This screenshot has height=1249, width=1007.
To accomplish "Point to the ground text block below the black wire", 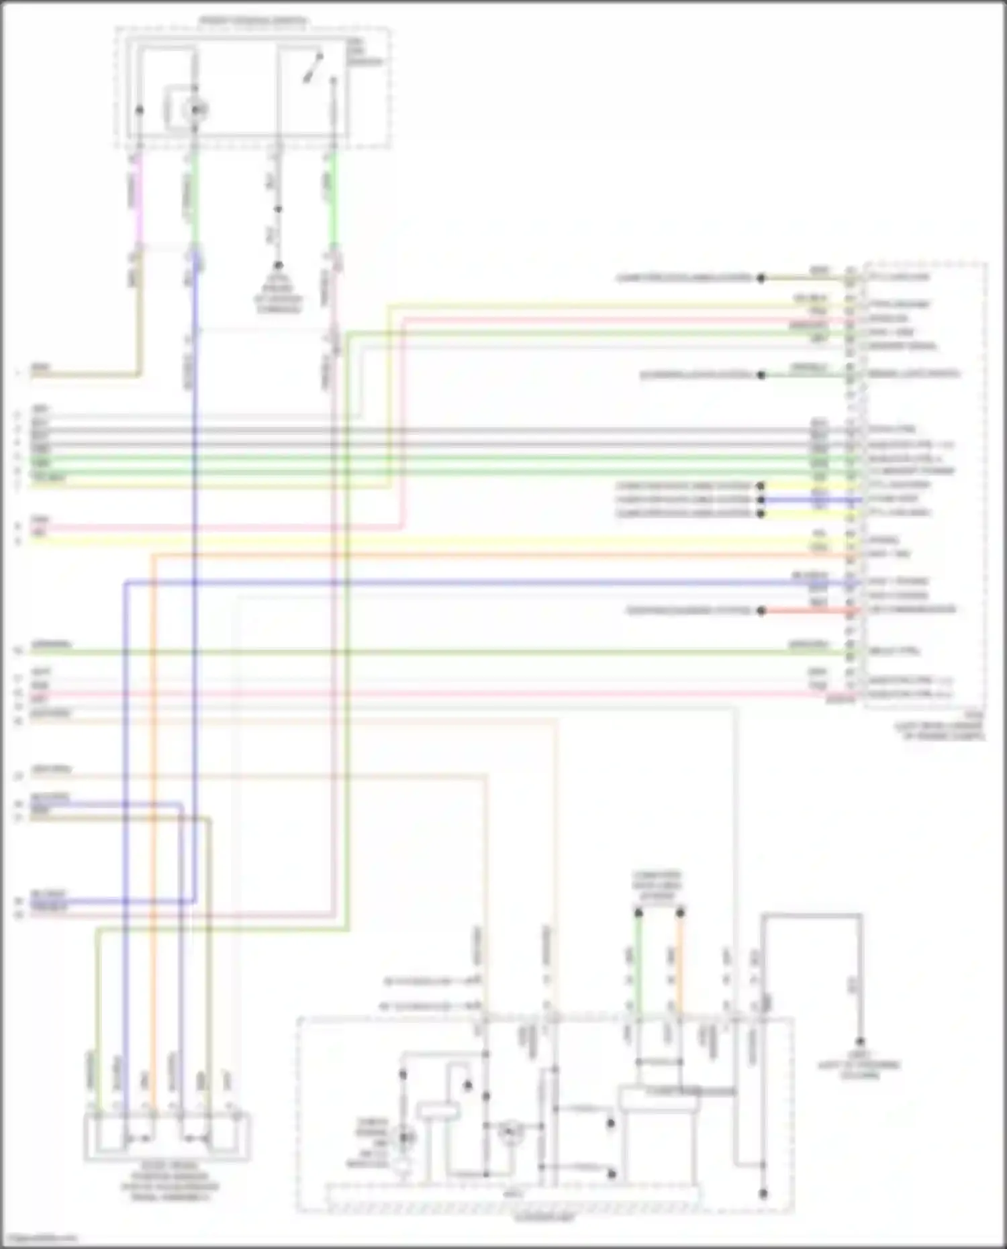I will click(x=278, y=293).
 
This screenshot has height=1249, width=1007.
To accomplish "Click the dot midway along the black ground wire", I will click(x=277, y=209).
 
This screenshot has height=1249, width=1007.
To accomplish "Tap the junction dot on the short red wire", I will click(x=761, y=611).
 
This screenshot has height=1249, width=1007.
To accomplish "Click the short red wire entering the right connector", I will click(x=806, y=611).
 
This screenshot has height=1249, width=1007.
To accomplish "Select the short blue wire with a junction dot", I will click(x=806, y=499).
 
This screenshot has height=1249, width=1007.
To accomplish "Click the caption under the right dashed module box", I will click(x=940, y=731).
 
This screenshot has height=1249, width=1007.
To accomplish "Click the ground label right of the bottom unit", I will click(x=859, y=1066).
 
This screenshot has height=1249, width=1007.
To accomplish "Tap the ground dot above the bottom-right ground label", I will click(x=860, y=1041).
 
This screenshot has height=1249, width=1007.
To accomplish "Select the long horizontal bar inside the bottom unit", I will click(x=514, y=1197).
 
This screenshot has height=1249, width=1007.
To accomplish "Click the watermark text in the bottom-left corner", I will click(x=39, y=1239).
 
